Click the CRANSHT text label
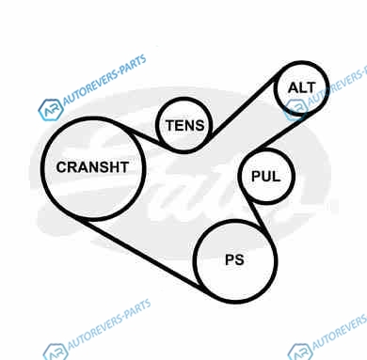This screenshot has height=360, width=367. pyautogui.click(x=92, y=167)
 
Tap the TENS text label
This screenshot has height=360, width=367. pyautogui.click(x=185, y=125)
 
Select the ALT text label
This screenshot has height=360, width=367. pyautogui.click(x=302, y=87)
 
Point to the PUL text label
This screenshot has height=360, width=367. pyautogui.click(x=266, y=177)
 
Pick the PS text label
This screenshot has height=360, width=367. pyautogui.click(x=234, y=259)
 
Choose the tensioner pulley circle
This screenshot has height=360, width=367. pyautogui.click(x=157, y=125)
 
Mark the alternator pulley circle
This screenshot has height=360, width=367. pyautogui.click(x=275, y=87)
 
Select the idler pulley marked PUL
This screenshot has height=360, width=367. pyautogui.click(x=239, y=177)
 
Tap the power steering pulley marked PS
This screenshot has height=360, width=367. pyautogui.click(x=195, y=261)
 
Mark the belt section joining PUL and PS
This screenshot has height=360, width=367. pyautogui.click(x=259, y=218)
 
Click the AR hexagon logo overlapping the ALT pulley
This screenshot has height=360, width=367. pyautogui.click(x=295, y=110)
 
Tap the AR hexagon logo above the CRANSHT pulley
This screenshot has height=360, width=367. pyautogui.click(x=51, y=110)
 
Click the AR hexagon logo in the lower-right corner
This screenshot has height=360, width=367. pyautogui.click(x=300, y=352)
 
